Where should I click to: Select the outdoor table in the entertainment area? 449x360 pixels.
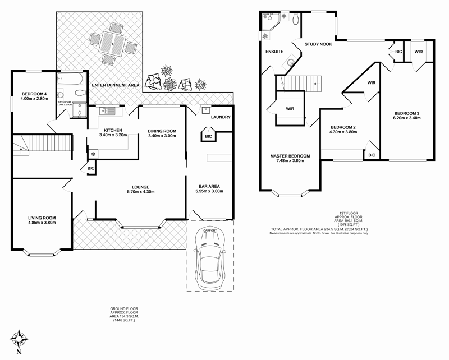tap(113, 45)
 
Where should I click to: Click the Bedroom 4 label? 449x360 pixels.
tap(35, 94)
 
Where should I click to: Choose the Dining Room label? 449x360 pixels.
tap(162, 131)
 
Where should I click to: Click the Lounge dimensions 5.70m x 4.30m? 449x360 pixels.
tap(140, 192)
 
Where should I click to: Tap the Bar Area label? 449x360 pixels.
tap(210, 186)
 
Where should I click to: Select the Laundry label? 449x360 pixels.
tap(221, 117)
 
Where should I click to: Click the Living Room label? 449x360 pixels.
tap(43, 218)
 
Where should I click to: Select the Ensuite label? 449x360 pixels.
tap(274, 52)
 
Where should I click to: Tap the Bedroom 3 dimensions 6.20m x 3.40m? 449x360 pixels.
tap(406, 118)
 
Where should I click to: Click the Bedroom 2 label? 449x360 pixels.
tap(343, 127)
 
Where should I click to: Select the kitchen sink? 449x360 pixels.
tap(107, 111)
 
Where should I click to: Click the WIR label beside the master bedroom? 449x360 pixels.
tap(290, 108)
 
